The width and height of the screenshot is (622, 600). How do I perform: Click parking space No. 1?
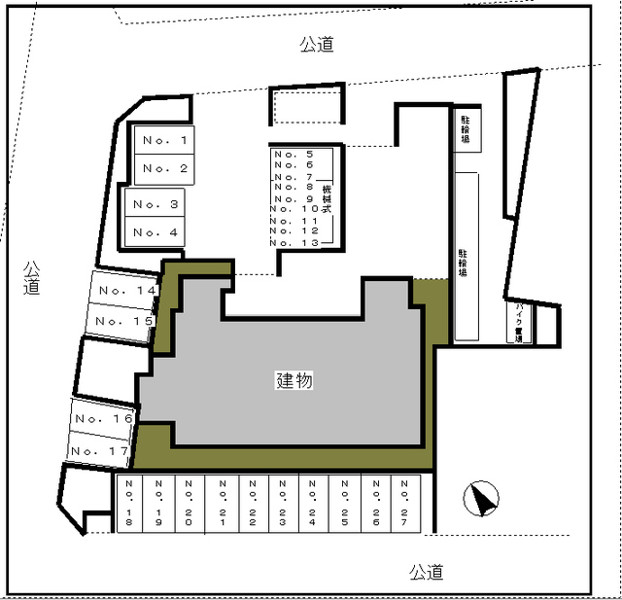click(x=163, y=141)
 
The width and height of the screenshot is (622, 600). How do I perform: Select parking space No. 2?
click(x=163, y=169)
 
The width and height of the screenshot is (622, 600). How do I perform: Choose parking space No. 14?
click(x=124, y=290)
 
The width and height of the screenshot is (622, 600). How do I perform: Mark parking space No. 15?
click(x=122, y=320)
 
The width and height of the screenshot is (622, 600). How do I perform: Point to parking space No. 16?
click(x=103, y=418)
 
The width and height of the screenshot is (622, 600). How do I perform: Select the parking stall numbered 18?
click(x=130, y=504)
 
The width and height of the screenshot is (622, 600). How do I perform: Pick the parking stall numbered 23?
click(x=282, y=504)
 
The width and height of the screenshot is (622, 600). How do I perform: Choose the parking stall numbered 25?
click(x=344, y=504)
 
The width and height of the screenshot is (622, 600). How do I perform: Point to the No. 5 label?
click(x=294, y=155)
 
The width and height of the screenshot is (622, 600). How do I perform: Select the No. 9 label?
click(x=294, y=199)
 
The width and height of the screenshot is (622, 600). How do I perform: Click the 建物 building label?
click(x=294, y=381)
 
